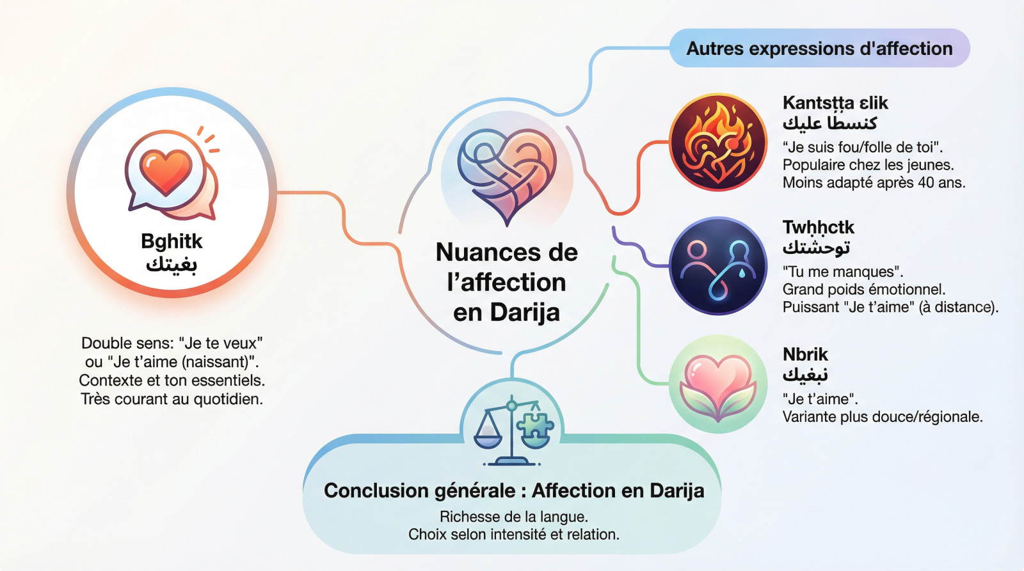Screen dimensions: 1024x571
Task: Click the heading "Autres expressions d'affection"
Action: pos(819,49)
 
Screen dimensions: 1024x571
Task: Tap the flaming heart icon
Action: pos(718,142)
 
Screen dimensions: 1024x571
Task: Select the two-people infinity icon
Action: pos(718,266)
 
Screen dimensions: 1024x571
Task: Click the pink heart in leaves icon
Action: pos(717,384)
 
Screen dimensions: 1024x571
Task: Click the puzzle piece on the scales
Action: pos(535,425)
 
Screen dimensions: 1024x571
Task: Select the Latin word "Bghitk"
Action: pos(172,241)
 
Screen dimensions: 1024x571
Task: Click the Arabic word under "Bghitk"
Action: pos(172,265)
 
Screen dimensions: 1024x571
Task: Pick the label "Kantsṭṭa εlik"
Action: pos(835,103)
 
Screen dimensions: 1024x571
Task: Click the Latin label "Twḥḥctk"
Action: pos(819,227)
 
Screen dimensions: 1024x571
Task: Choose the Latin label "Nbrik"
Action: pos(805,354)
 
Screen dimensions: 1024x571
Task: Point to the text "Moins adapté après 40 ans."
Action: pos(874,183)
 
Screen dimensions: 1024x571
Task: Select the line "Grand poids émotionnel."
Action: pos(863,289)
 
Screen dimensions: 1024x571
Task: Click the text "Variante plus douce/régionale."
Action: pos(883,417)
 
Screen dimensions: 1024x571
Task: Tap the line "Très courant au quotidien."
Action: pos(172,399)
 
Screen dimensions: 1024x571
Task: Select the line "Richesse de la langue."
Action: pos(514,517)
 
